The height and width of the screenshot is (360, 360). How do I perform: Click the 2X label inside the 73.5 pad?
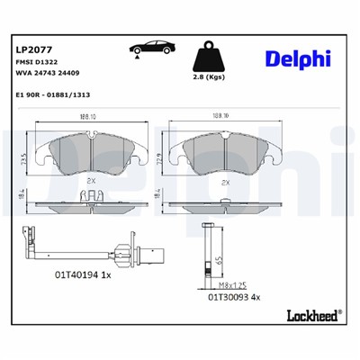click(89, 182)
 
